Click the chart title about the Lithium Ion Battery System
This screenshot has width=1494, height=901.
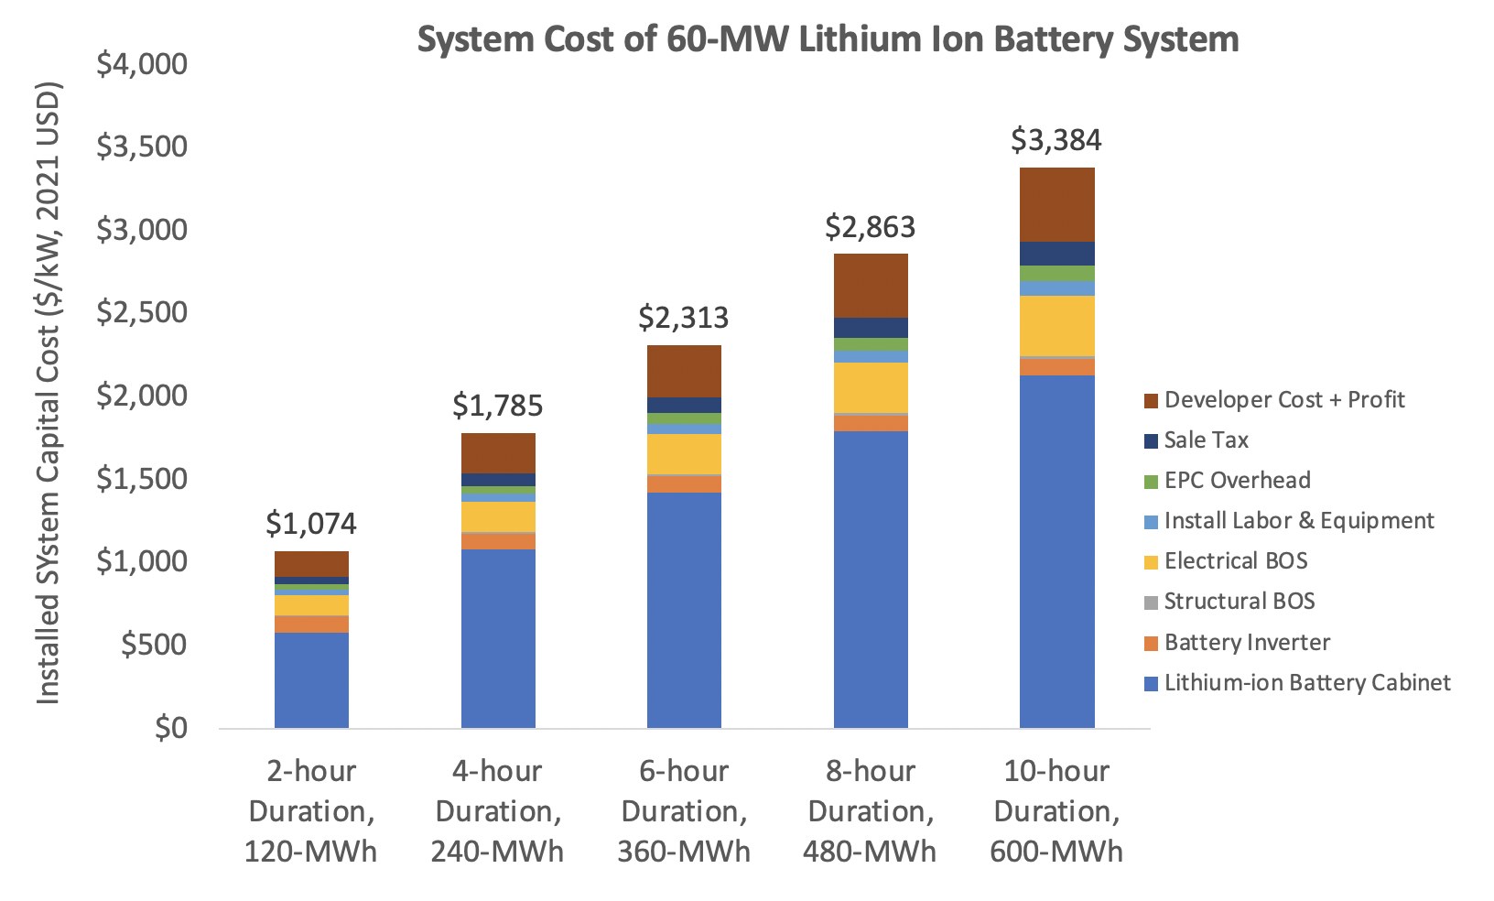click(x=828, y=39)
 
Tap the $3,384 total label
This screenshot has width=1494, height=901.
click(x=1056, y=140)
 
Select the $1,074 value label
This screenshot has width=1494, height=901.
click(x=311, y=524)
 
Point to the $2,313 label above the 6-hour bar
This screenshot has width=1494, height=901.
click(x=683, y=318)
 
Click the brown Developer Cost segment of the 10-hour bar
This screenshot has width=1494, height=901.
click(x=1056, y=204)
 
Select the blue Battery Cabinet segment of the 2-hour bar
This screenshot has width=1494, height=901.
click(x=311, y=680)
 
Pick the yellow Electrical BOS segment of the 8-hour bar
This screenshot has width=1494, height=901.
click(x=871, y=387)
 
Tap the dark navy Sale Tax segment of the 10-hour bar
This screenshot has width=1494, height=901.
click(x=1056, y=254)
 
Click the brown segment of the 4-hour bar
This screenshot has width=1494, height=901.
click(x=498, y=453)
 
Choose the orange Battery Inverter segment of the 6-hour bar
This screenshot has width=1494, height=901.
click(x=684, y=483)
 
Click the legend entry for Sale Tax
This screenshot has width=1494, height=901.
click(x=1206, y=440)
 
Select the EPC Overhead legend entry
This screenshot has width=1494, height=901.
click(x=1237, y=481)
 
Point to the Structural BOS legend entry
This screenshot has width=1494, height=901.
click(x=1239, y=602)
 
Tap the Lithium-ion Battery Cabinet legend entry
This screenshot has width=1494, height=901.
click(x=1306, y=683)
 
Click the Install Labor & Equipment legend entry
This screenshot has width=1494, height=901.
click(x=1298, y=521)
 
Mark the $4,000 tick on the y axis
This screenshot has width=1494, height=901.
click(x=141, y=64)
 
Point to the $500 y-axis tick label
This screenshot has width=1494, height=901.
click(x=154, y=646)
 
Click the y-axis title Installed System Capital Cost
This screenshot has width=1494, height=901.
click(x=48, y=394)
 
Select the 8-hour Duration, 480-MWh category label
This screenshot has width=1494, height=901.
click(x=870, y=811)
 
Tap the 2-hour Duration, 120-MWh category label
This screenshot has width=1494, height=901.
click(x=311, y=811)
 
